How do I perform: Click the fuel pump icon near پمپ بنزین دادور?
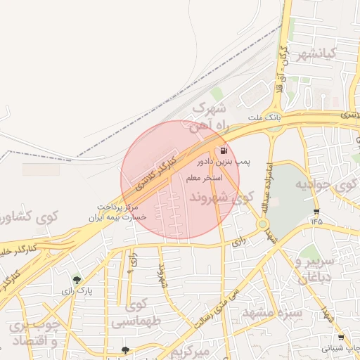pyautogui.click(x=224, y=150)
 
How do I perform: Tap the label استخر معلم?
pyautogui.click(x=205, y=178)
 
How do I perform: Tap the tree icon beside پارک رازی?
pyautogui.click(x=76, y=280)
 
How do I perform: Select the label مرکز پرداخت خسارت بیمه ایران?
pyautogui.click(x=124, y=212)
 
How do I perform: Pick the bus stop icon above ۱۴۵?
pyautogui.click(x=316, y=211)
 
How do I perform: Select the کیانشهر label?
pyautogui.click(x=327, y=54)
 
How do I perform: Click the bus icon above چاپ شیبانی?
pyautogui.click(x=342, y=337)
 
